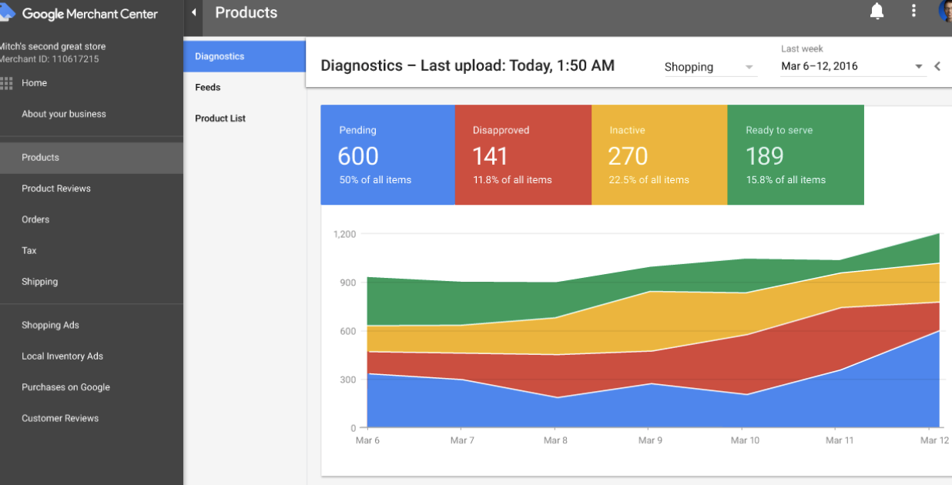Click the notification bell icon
[877, 11]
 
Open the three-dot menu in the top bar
[913, 11]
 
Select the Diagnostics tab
[220, 56]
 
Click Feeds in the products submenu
[208, 87]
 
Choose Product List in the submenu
[220, 118]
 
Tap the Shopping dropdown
[709, 67]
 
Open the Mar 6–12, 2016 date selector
[852, 66]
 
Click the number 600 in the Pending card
[358, 156]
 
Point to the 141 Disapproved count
[490, 156]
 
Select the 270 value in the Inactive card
[628, 156]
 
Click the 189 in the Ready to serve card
[764, 156]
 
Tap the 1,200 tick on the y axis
[344, 234]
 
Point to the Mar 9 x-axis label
[650, 440]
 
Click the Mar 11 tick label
[839, 440]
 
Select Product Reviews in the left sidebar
[56, 189]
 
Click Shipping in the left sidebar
[39, 282]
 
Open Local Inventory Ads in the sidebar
[62, 356]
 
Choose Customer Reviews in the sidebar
[60, 419]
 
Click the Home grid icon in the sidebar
[7, 83]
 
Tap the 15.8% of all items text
[786, 180]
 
